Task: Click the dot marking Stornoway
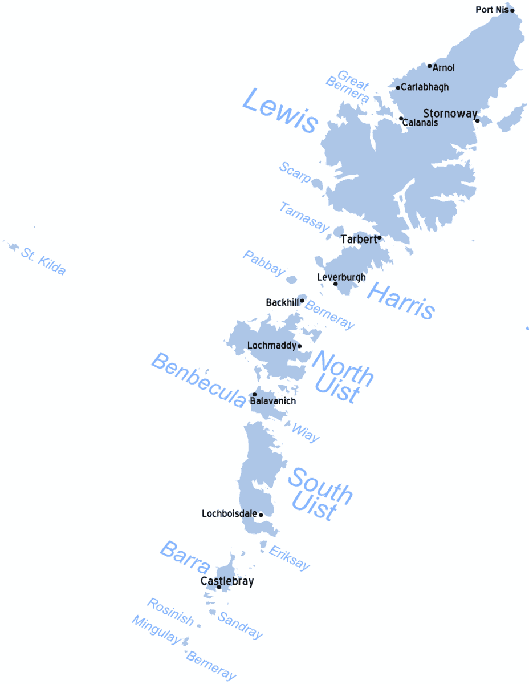tap(477, 120)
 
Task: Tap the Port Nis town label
tap(492, 9)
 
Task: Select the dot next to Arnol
tap(430, 66)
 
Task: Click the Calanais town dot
tap(401, 119)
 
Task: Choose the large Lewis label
tap(279, 112)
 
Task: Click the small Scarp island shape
tap(318, 184)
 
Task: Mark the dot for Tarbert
tap(379, 237)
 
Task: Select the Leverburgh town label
tap(341, 277)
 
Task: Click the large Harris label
tap(401, 299)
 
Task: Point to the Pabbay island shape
tap(291, 280)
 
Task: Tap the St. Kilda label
tap(43, 261)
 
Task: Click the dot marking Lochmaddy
tap(299, 346)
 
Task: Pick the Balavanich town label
tap(273, 401)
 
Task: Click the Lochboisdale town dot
tap(261, 515)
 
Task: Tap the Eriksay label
tap(290, 558)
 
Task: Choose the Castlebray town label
tap(227, 581)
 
